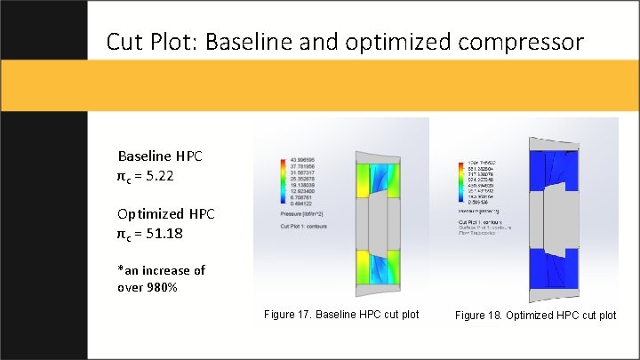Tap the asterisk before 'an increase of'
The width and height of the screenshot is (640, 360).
tap(120, 270)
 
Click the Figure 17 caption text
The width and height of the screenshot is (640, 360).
tap(341, 315)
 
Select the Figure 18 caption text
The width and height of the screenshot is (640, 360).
tap(535, 315)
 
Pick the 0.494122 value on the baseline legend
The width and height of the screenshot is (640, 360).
tap(300, 206)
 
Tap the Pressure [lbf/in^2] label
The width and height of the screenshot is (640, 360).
tap(301, 214)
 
